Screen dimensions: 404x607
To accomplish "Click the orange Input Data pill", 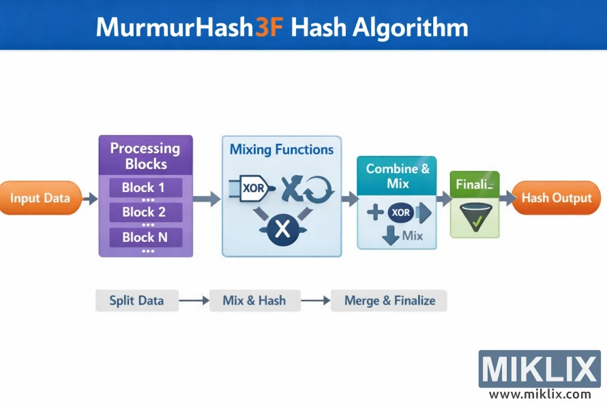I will pos(40,198).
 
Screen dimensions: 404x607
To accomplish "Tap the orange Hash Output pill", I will pos(556,198).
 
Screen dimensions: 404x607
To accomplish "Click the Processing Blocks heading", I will pos(145,156).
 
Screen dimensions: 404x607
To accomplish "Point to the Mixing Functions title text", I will pos(281,149).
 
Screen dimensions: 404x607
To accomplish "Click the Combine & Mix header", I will pos(398,176).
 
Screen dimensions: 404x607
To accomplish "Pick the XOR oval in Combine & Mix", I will pos(401,213).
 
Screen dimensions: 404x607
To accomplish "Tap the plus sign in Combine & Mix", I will pos(374,213).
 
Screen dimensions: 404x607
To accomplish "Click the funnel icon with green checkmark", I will pos(475,217).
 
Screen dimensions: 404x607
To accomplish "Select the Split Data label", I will pos(136,300).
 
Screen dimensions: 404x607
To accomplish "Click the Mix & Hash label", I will pos(254,300).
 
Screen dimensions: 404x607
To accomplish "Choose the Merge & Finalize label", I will pos(389,300).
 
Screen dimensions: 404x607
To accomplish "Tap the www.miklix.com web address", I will pos(539,394).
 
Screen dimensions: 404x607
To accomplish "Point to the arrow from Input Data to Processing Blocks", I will pos(89,199).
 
